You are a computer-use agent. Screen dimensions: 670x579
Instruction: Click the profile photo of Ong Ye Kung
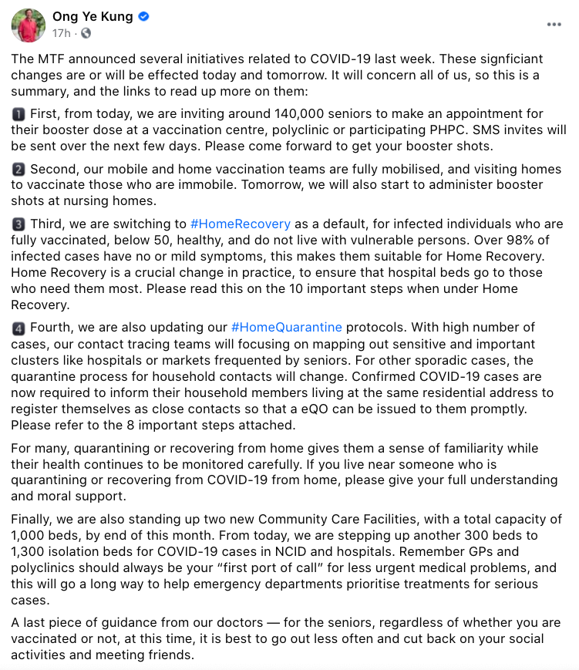(28, 25)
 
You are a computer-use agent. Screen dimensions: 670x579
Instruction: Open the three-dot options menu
(554, 25)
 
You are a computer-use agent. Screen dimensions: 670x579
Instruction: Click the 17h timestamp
(62, 33)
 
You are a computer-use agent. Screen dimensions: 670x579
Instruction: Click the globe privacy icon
(85, 33)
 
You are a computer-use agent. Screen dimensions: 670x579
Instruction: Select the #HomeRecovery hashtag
(240, 224)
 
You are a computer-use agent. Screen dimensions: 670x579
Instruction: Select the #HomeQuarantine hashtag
(286, 328)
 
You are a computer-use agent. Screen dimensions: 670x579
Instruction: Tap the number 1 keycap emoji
(19, 115)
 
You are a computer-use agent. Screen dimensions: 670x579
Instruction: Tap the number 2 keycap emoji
(19, 170)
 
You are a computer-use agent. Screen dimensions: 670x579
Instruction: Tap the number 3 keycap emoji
(19, 224)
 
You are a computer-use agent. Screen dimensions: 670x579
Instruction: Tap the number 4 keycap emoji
(19, 328)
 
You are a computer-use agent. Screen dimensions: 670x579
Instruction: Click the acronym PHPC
(466, 130)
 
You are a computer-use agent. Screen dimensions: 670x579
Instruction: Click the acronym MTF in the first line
(51, 59)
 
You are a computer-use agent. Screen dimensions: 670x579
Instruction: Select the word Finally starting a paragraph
(34, 519)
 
